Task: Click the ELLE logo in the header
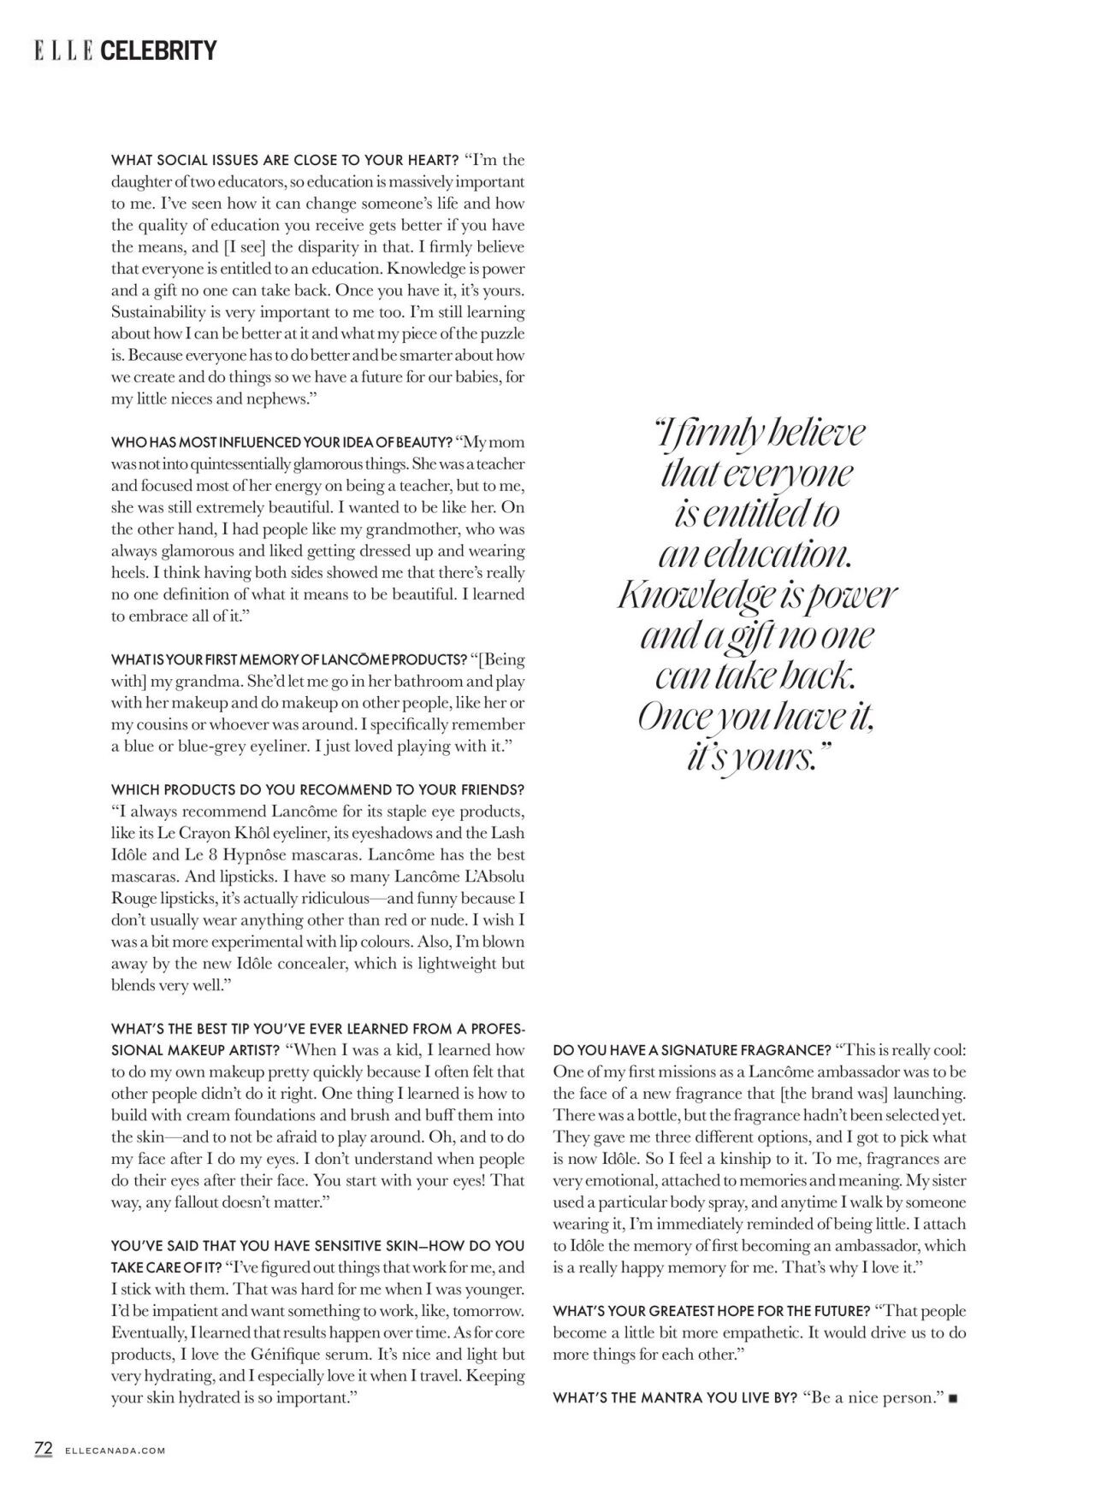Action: (x=64, y=51)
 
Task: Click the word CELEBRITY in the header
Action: (x=158, y=51)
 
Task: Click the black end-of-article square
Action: (x=954, y=1398)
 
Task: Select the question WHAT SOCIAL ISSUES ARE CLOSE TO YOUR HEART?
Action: (x=286, y=160)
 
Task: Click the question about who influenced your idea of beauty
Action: (x=281, y=442)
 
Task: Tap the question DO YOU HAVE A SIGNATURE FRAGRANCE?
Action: (x=692, y=1050)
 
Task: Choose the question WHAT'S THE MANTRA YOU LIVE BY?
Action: (x=675, y=1397)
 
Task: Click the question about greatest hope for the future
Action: (x=711, y=1311)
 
